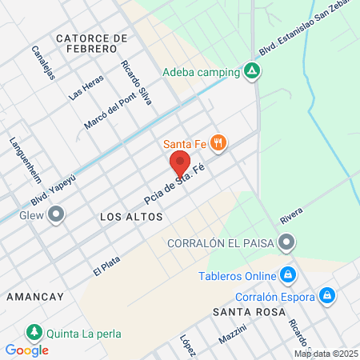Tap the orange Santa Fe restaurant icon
pos(220,144)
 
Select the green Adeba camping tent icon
pos(252,71)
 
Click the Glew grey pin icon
pos(56,214)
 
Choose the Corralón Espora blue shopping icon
pos(326,296)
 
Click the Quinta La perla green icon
pos(34,332)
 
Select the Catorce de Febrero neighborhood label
pos(92,45)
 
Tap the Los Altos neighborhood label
pos(131,217)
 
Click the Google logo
pos(26,350)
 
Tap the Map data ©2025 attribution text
pos(326,354)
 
